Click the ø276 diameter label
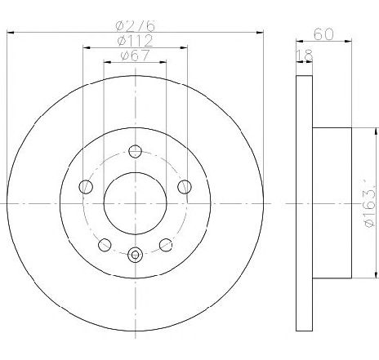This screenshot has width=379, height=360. tap(136, 25)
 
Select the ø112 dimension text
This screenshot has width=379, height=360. tap(136, 41)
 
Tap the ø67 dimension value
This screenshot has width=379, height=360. tap(135, 56)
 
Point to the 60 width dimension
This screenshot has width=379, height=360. tap(323, 34)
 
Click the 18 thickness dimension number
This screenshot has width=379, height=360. tap(305, 56)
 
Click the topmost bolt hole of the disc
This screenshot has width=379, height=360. tap(135, 151)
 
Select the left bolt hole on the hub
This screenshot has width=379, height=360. tap(86, 187)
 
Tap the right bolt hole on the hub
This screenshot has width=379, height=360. tap(185, 187)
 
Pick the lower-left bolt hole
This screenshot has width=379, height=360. tap(105, 245)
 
